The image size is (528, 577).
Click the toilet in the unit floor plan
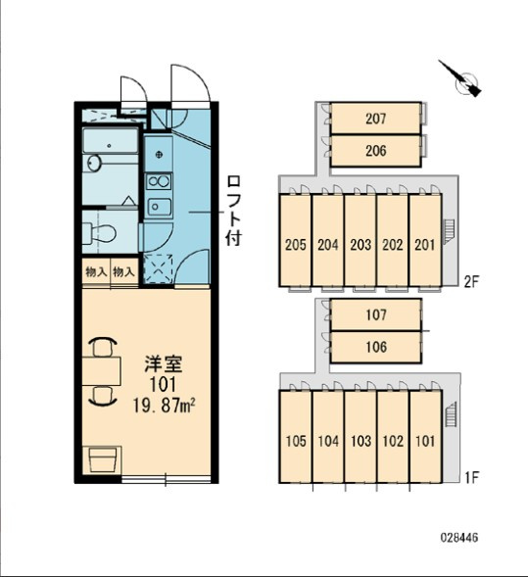pyautogui.click(x=99, y=233)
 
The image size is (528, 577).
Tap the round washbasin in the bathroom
pyautogui.click(x=95, y=163)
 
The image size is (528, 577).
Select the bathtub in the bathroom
pyautogui.click(x=110, y=140)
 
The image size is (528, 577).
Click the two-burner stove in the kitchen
pyautogui.click(x=159, y=181)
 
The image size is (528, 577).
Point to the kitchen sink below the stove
pyautogui.click(x=159, y=207)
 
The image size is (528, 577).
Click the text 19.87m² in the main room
pyautogui.click(x=165, y=407)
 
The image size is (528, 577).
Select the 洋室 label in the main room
pyautogui.click(x=163, y=364)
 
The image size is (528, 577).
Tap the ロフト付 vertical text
pyautogui.click(x=233, y=211)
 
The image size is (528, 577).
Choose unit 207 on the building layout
pyautogui.click(x=375, y=119)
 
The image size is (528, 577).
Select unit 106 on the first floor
pyautogui.click(x=376, y=347)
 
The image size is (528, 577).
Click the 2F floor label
pyautogui.click(x=471, y=282)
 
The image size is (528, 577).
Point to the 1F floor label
pyautogui.click(x=471, y=478)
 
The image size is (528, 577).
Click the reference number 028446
pyautogui.click(x=459, y=538)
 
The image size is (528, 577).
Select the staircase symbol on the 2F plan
pyautogui.click(x=450, y=231)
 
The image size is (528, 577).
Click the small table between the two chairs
pyautogui.click(x=101, y=371)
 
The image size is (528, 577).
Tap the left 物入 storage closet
pyautogui.click(x=96, y=272)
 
